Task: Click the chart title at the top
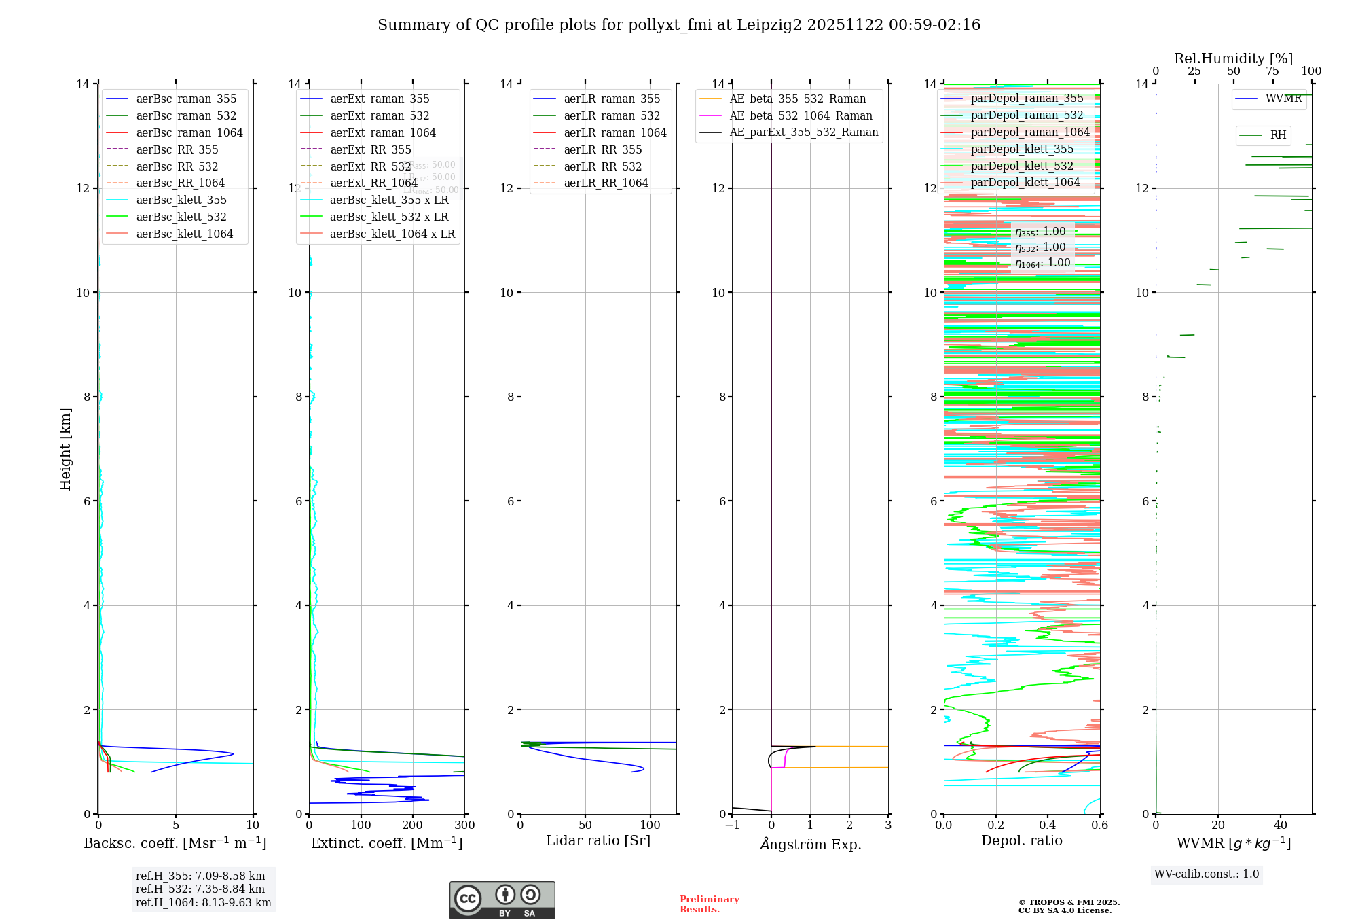(x=679, y=25)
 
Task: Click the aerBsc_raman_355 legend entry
(x=186, y=99)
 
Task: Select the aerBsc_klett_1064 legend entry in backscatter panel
(x=184, y=234)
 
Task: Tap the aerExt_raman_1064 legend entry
(x=383, y=132)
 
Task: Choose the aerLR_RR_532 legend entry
(x=602, y=166)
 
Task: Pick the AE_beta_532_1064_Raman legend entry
(x=801, y=115)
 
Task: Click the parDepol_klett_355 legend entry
(x=1022, y=149)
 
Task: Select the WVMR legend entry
(x=1283, y=99)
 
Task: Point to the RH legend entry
(x=1278, y=135)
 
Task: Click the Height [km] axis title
(x=65, y=448)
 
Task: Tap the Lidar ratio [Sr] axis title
(x=598, y=840)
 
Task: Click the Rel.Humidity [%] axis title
(x=1233, y=58)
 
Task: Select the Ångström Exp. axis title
(x=810, y=844)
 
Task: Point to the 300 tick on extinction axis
(x=465, y=825)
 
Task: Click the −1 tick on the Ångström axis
(x=732, y=825)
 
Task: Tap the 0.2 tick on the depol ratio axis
(x=996, y=825)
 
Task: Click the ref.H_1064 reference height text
(x=203, y=902)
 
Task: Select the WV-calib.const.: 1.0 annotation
(x=1207, y=874)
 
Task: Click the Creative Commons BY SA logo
(x=502, y=900)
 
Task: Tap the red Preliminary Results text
(x=709, y=904)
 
